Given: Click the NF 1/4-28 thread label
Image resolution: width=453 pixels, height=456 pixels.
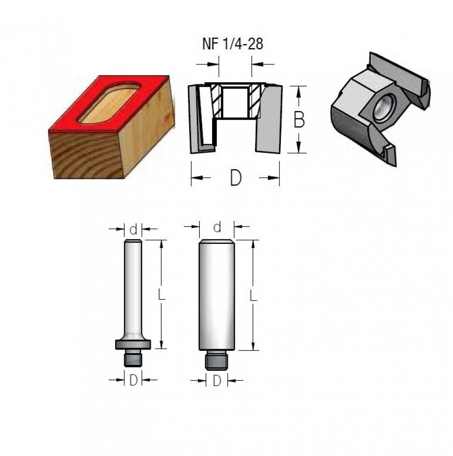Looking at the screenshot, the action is [232, 44].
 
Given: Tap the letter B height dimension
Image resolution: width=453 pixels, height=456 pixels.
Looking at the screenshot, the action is [299, 120].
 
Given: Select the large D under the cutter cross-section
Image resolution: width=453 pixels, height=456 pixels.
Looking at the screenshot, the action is [236, 178].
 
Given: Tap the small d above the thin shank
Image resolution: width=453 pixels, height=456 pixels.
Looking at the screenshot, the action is [133, 229].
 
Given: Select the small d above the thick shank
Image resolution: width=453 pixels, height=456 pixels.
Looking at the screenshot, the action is [217, 227].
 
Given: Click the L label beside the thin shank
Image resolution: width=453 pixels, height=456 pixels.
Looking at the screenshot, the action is [161, 295].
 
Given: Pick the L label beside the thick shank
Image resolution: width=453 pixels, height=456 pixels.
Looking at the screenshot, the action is [253, 296].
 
